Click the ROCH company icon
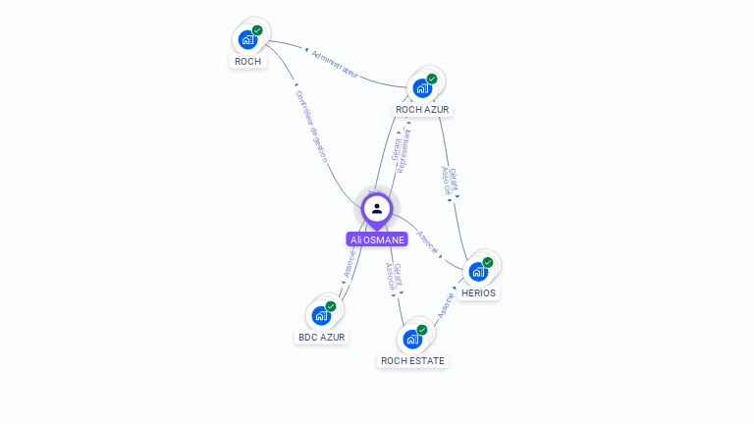(247, 40)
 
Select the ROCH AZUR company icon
(423, 87)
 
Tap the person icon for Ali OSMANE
(377, 208)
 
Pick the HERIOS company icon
(479, 271)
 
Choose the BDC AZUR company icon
(321, 316)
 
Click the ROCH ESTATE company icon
(412, 340)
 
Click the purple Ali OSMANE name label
(377, 239)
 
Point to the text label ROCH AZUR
(424, 109)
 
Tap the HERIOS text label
(479, 292)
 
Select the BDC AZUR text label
(322, 337)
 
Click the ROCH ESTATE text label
(412, 360)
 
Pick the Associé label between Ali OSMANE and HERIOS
(428, 242)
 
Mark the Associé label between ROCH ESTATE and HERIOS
(445, 303)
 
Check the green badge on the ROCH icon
(257, 30)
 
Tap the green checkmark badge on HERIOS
(489, 261)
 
